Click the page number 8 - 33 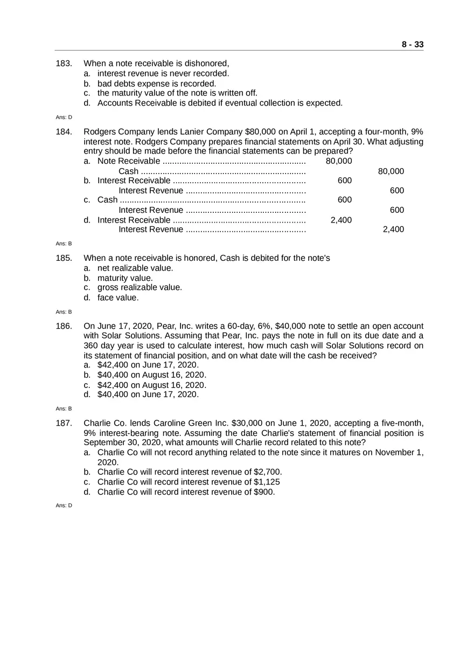point(412,45)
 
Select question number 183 point(64,64)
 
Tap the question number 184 point(64,132)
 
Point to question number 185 point(64,258)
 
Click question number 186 point(64,327)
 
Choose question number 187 point(64,424)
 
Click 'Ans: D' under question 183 point(64,117)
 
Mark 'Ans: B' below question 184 point(64,244)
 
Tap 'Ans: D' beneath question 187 point(64,505)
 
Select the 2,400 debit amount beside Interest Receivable point(340,220)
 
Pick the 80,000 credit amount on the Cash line point(391,171)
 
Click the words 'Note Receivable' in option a point(128,161)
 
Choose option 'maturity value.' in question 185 point(125,278)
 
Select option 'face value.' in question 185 point(118,297)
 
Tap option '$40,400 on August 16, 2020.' point(151,375)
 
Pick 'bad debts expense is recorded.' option point(156,84)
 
